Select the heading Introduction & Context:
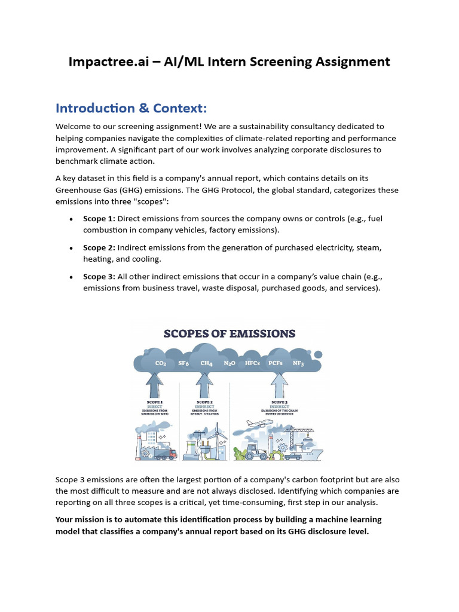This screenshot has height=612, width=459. tap(131, 108)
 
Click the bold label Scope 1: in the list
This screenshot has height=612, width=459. tap(99, 219)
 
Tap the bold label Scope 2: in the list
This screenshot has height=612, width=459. tap(99, 247)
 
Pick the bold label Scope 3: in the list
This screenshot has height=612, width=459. tap(99, 277)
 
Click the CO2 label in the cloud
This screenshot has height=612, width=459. tap(160, 363)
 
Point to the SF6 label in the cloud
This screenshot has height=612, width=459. tap(183, 363)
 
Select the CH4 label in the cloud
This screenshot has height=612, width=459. tap(206, 363)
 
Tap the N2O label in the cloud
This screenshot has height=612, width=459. tap(229, 363)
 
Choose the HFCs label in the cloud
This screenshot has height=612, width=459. tap(252, 363)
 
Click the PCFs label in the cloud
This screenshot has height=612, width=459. tap(276, 363)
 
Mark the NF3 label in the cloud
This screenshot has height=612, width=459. tap(298, 363)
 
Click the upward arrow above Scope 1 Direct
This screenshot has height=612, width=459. tap(155, 385)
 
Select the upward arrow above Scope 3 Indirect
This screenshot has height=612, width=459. tap(279, 385)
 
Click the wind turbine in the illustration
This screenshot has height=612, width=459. tap(213, 439)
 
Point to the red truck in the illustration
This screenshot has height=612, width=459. tap(167, 454)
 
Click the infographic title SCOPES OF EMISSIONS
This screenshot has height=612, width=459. tap(229, 333)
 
